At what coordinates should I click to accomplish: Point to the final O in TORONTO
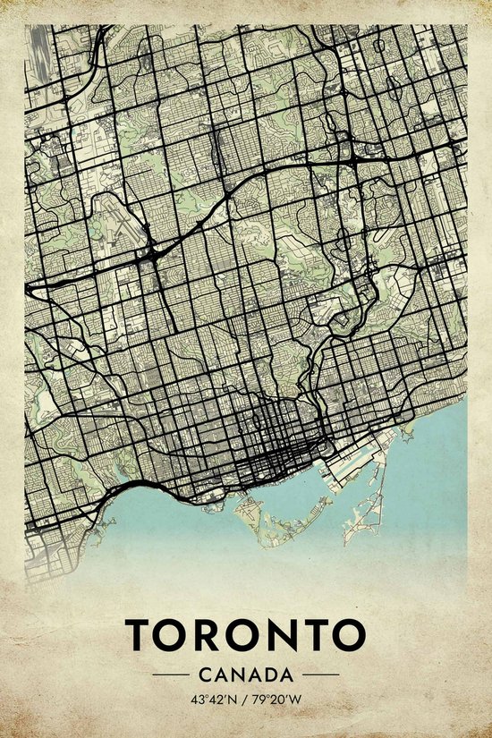point(349,634)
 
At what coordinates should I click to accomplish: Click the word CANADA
point(246,673)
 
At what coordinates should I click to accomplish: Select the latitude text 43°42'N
point(212,698)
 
